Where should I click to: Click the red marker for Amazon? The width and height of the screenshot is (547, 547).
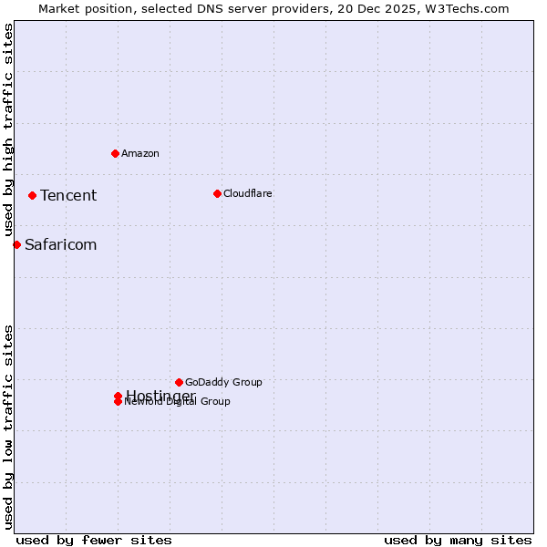point(115,153)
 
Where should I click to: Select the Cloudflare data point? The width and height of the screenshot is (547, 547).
point(217,193)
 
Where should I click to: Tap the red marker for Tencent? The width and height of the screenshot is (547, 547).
point(32,195)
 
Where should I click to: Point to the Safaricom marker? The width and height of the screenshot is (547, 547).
point(16,244)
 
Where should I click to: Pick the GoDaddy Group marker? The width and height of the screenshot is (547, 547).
point(179,382)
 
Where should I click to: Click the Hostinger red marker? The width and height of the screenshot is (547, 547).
point(118,396)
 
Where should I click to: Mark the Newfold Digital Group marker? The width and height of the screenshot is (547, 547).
point(118,402)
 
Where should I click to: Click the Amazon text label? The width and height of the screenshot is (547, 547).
point(140,153)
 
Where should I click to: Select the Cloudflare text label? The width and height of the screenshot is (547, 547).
point(248,193)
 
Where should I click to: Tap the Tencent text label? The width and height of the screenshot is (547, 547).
point(68,195)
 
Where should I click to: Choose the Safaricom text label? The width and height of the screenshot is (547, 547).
point(60,244)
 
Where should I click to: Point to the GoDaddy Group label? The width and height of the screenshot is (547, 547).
point(223,382)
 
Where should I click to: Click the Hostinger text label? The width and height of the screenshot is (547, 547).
point(160,395)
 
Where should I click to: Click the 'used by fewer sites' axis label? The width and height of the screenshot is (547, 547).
point(94,540)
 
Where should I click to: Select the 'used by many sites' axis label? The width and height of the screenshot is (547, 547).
point(458,540)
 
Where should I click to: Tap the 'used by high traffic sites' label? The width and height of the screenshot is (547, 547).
point(8,130)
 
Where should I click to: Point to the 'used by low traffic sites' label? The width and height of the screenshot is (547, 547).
point(8,427)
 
